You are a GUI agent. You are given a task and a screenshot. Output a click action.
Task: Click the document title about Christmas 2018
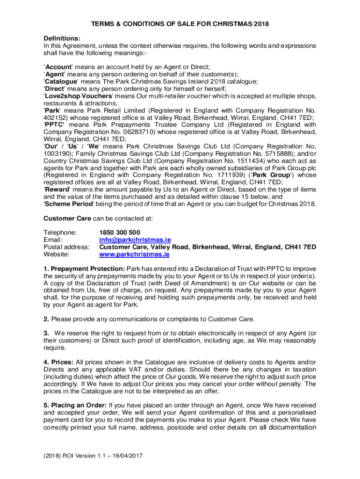pos(180,24)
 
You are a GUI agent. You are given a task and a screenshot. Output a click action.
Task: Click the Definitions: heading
pos(62,38)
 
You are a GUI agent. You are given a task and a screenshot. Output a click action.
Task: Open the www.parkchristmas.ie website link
pos(134,254)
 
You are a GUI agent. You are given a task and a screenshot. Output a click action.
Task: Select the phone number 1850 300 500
pos(119,232)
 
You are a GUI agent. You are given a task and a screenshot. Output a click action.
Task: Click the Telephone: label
pos(60,232)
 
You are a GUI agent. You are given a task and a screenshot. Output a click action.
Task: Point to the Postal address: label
pos(66,247)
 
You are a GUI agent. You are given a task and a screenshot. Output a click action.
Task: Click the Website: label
pos(57,254)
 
